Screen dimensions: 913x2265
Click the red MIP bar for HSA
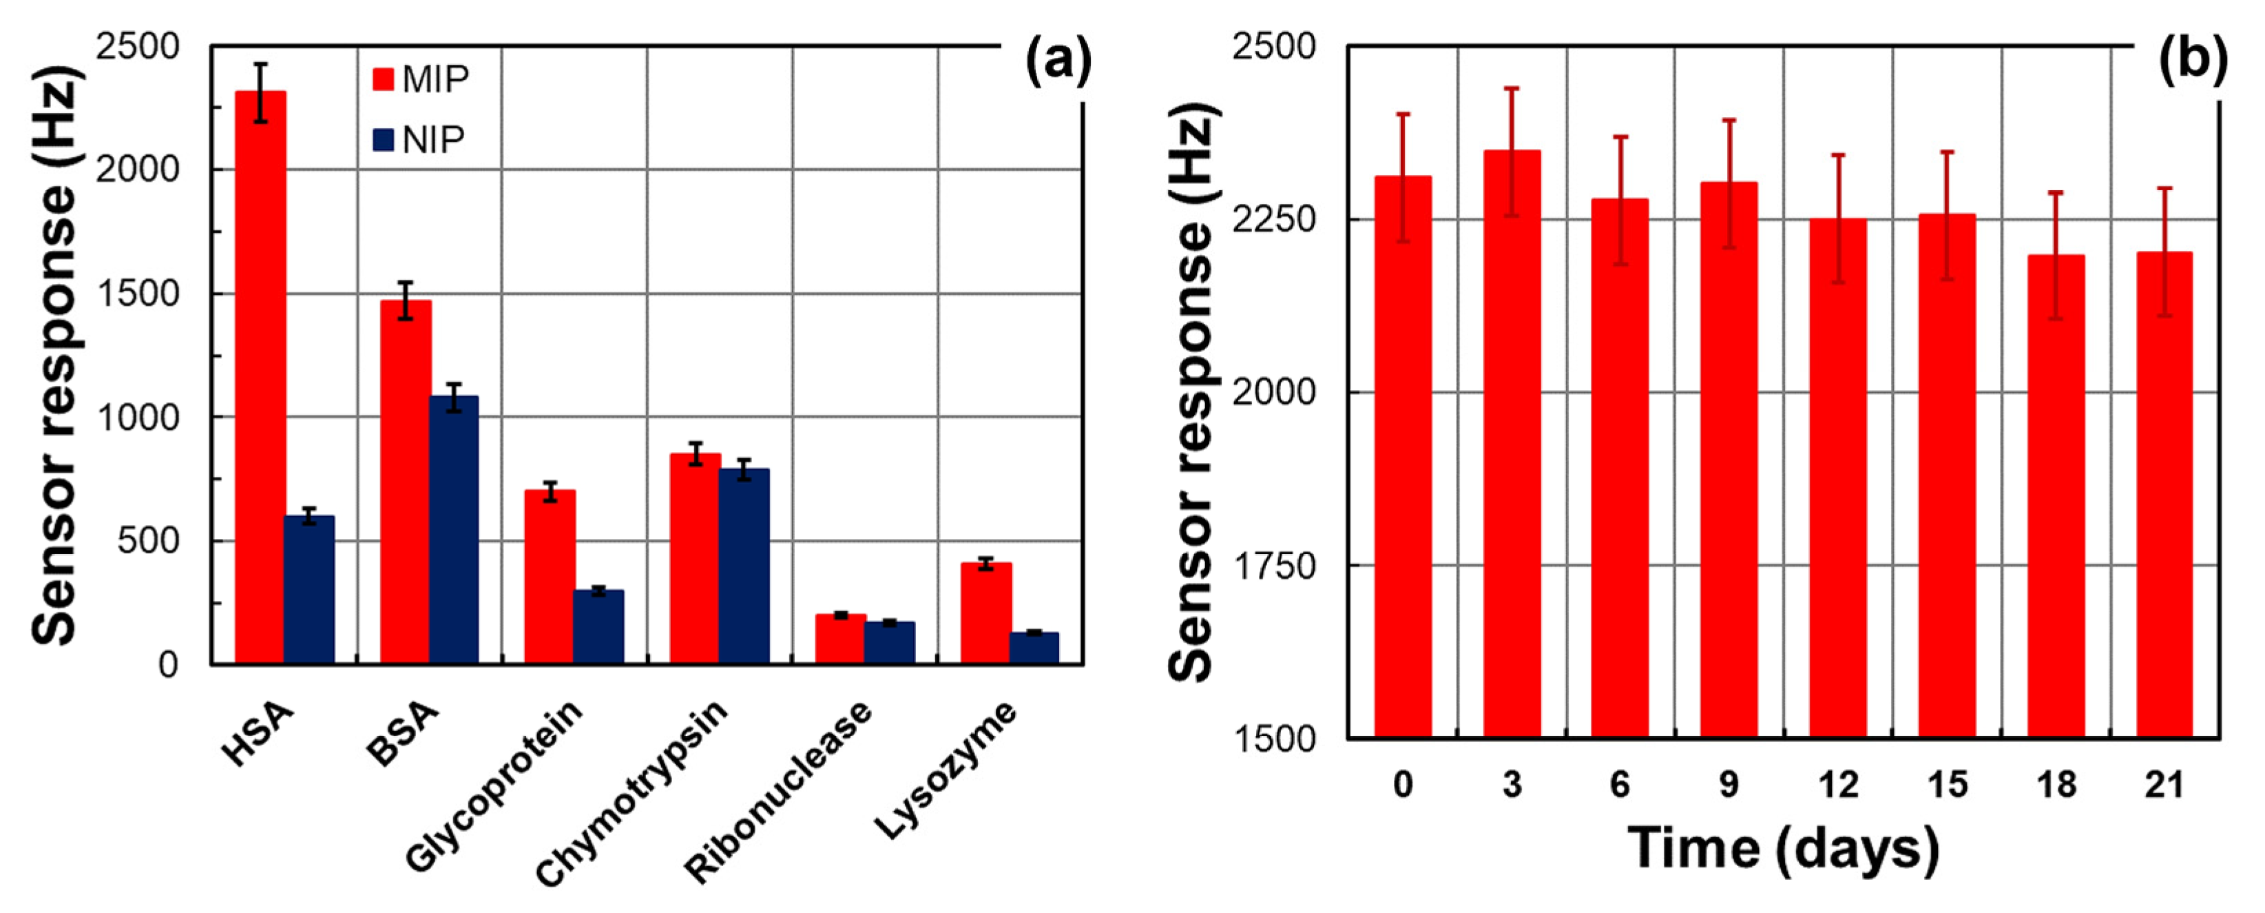[x=260, y=378]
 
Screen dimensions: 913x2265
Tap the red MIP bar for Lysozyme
[x=985, y=613]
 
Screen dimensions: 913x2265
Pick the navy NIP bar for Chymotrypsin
[x=744, y=566]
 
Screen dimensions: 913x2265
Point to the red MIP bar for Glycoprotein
[x=550, y=576]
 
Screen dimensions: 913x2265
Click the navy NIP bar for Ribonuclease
[x=889, y=642]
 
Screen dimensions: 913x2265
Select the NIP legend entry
[x=419, y=140]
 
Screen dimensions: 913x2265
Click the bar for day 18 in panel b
[x=2056, y=496]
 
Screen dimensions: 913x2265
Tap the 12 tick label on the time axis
[x=1837, y=783]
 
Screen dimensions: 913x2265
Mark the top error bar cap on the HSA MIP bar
[x=260, y=64]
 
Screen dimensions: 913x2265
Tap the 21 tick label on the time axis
[x=2164, y=783]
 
